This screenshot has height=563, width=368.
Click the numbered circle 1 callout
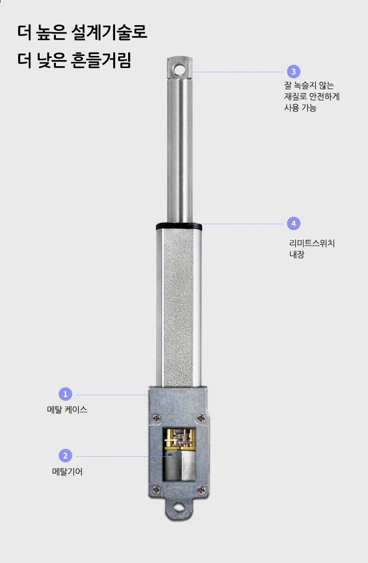click(65, 394)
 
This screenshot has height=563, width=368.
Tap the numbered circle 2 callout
click(65, 456)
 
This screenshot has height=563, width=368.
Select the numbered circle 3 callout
click(293, 72)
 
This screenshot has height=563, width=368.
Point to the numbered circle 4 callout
click(293, 223)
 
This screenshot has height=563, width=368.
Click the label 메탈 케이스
click(67, 410)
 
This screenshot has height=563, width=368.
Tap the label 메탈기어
click(67, 472)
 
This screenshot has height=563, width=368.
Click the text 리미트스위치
click(312, 243)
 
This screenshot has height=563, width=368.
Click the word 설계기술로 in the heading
click(110, 33)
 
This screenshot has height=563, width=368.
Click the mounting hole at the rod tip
click(179, 69)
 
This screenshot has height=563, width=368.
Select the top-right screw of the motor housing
click(201, 417)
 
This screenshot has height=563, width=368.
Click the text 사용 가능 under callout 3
click(300, 109)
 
